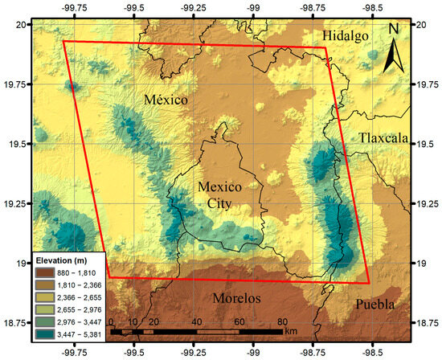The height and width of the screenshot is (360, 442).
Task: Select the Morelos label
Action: [237, 299]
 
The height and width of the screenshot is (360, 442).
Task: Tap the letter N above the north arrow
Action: [395, 29]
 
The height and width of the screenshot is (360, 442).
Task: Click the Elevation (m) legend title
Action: [60, 260]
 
